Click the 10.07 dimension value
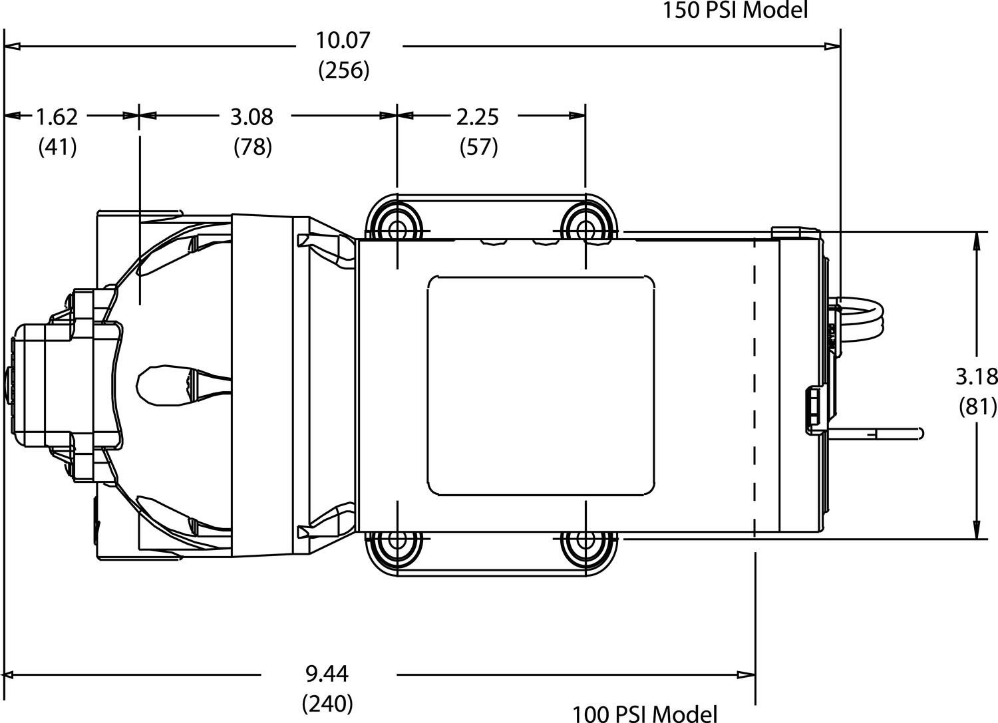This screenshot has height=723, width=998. click(343, 41)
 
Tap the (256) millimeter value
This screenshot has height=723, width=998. click(344, 71)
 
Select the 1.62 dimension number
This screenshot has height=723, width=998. click(57, 117)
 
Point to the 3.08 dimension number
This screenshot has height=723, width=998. click(251, 117)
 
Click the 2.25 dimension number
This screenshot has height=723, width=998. click(477, 117)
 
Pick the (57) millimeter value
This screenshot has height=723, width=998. click(478, 148)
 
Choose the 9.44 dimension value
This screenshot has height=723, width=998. click(327, 674)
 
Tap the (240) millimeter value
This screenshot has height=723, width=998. click(327, 704)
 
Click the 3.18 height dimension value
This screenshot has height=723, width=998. click(977, 377)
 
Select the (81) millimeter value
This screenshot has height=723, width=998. click(978, 407)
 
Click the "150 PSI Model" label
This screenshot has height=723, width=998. click(735, 10)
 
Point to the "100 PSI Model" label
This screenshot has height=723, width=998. click(644, 714)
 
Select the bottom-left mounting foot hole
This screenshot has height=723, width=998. click(397, 539)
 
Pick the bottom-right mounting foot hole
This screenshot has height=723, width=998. click(585, 539)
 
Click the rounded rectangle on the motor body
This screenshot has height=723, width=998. click(541, 386)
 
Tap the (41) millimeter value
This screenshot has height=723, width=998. click(57, 148)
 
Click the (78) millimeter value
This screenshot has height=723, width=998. click(253, 148)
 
